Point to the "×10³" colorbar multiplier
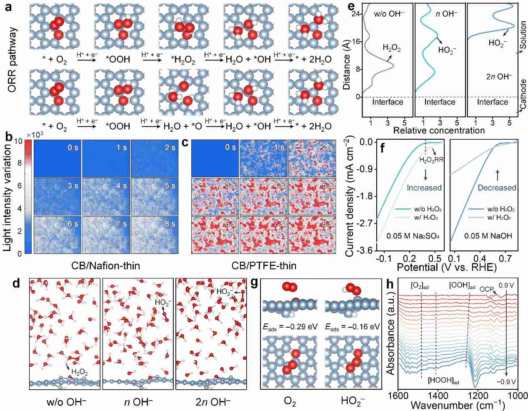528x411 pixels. [x=35, y=135]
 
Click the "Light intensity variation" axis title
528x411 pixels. [x=8, y=196]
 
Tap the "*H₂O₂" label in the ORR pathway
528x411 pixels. [x=183, y=60]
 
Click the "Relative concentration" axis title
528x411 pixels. [x=439, y=130]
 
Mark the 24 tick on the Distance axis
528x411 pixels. [x=355, y=14]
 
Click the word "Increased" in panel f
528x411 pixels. [x=424, y=188]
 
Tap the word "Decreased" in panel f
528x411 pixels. [x=497, y=188]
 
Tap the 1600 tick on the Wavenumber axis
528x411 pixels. [x=399, y=395]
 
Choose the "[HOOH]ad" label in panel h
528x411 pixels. [x=444, y=380]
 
